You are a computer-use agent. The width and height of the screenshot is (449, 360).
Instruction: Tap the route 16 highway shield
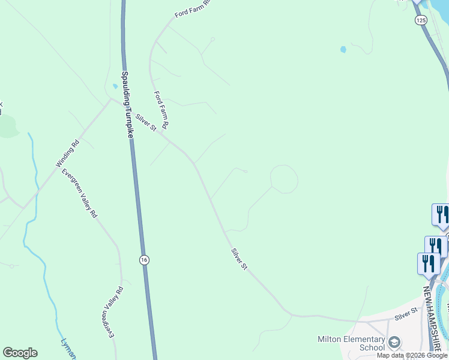(143, 260)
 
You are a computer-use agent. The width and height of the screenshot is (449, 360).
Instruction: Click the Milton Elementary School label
(351, 343)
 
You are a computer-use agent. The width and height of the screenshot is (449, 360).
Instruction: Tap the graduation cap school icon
(394, 343)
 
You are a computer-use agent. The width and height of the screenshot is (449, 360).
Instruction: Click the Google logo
(20, 353)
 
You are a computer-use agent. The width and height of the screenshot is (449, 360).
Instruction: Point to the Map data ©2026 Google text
(412, 355)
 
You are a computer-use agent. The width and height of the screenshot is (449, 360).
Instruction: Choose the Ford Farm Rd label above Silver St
(162, 110)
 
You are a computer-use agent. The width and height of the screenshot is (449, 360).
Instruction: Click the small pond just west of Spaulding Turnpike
(115, 86)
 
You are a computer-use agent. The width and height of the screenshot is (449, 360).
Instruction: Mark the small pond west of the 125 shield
(343, 49)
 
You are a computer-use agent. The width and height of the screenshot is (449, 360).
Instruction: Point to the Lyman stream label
(68, 350)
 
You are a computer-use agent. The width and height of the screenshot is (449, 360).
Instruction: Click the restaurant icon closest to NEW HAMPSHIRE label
(429, 264)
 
